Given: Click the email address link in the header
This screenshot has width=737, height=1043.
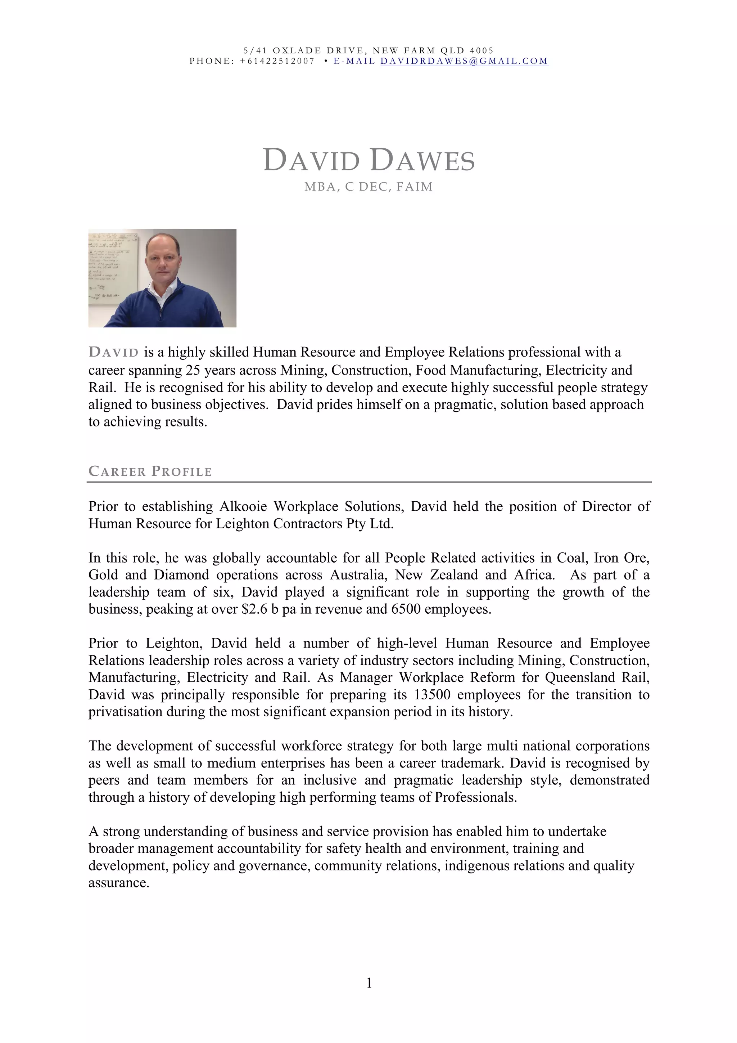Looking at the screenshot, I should (x=464, y=61).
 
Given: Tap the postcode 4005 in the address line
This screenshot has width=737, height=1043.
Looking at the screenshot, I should (x=481, y=50).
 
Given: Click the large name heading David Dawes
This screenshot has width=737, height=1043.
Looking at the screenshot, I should (x=368, y=160).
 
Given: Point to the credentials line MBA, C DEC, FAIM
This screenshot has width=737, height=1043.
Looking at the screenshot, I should (x=368, y=187).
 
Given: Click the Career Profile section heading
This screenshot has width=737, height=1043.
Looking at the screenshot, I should (x=150, y=471).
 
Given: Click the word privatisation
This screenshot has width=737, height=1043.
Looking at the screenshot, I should (x=126, y=712).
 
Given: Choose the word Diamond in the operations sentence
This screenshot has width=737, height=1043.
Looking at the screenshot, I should (x=181, y=575).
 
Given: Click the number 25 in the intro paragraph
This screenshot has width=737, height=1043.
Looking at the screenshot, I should (x=193, y=370).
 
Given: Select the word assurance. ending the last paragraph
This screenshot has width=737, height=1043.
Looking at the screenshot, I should (x=118, y=883).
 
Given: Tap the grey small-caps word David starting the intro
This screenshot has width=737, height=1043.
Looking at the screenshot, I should (x=113, y=353).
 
